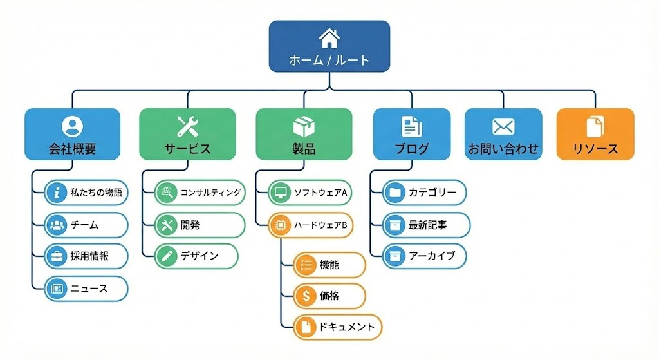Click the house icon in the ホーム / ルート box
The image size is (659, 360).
pos(329,38)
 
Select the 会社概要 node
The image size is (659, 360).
pos(72,133)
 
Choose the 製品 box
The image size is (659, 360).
pos(304,133)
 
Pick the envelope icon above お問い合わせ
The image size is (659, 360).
pos(503,126)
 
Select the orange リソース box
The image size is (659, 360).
pos(595,133)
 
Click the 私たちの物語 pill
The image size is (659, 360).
pos(86,192)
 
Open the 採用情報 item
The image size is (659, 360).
pos(86,256)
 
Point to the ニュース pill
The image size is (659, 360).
pos(86,289)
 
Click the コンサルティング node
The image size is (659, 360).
pos(200,192)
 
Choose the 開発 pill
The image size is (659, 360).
pos(200,225)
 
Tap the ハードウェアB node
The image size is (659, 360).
pos(311,225)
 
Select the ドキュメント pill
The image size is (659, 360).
pos(338,327)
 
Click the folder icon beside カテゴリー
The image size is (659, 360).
pos(394,192)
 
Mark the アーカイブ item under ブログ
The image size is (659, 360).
pos(425,256)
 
